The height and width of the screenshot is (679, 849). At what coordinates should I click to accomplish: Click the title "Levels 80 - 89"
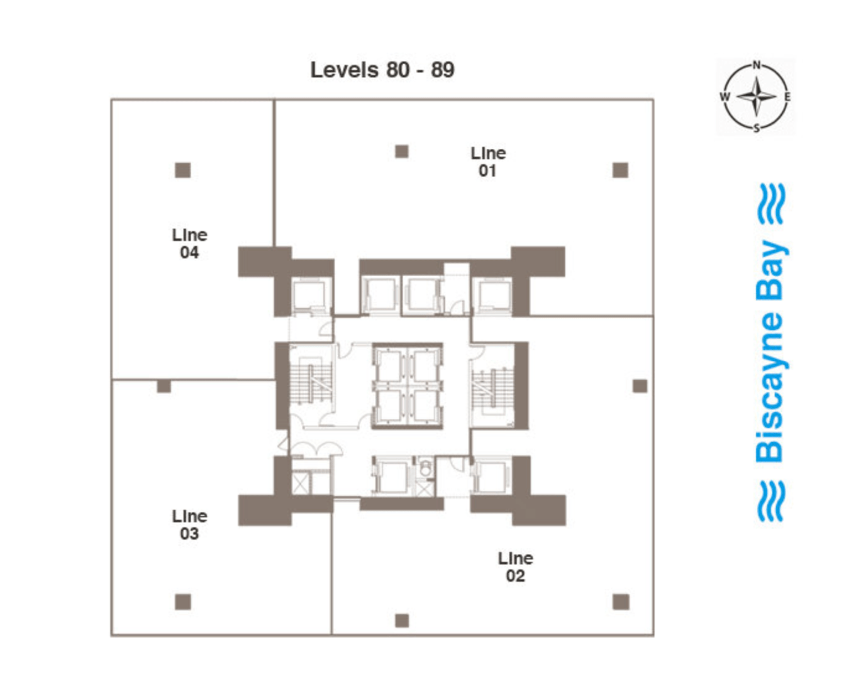point(382,70)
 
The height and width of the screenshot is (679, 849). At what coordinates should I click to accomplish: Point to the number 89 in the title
point(443,70)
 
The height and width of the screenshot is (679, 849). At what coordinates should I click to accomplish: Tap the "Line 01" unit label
point(488,162)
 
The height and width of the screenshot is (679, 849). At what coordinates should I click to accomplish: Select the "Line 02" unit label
point(515,566)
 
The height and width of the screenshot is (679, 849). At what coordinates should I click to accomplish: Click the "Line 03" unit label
point(189,524)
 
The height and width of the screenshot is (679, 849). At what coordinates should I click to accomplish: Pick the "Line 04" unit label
point(189,243)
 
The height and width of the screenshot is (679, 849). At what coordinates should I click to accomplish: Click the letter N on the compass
point(757,64)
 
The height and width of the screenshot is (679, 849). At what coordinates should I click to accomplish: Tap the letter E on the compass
point(787,97)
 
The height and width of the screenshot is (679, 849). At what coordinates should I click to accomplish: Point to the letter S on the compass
point(757,128)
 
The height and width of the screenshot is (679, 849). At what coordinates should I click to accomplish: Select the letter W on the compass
point(724,97)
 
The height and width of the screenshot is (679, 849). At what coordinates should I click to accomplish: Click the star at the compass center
point(757,97)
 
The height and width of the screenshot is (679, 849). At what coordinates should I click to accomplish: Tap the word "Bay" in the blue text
point(771,270)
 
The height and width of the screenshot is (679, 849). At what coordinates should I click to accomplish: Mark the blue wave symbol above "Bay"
point(772,203)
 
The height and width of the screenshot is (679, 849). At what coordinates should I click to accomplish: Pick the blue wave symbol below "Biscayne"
point(772,501)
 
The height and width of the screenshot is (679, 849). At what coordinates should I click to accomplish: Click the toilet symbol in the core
point(426,468)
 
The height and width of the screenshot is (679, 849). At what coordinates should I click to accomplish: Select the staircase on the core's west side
point(311,383)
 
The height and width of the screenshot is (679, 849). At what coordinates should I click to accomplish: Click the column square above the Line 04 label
point(183,170)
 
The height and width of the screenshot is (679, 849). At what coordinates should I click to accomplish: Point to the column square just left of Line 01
point(402,152)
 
